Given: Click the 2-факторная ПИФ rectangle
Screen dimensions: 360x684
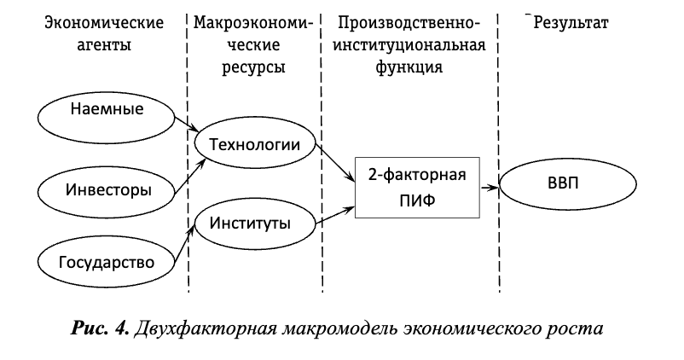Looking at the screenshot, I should click(417, 188).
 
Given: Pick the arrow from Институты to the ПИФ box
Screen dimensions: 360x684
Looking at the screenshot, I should click(337, 214).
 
